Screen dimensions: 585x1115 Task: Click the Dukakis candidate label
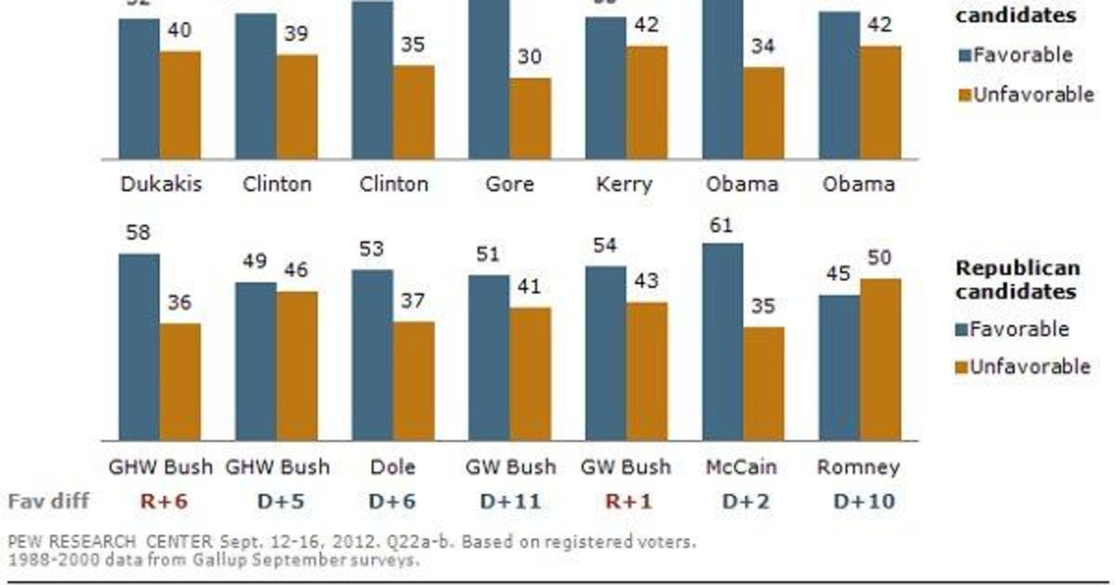click(x=160, y=184)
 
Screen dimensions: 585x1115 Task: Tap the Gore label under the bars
click(x=510, y=184)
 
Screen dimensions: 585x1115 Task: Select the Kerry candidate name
click(x=625, y=184)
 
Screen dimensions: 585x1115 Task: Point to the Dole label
click(x=393, y=466)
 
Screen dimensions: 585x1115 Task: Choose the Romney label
click(x=859, y=466)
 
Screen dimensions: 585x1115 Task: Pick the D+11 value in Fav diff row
click(x=510, y=501)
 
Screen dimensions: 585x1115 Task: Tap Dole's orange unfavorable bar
click(x=413, y=381)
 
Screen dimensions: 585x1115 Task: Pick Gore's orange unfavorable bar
click(x=531, y=118)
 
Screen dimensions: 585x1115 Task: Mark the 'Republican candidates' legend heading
click(x=1018, y=279)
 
